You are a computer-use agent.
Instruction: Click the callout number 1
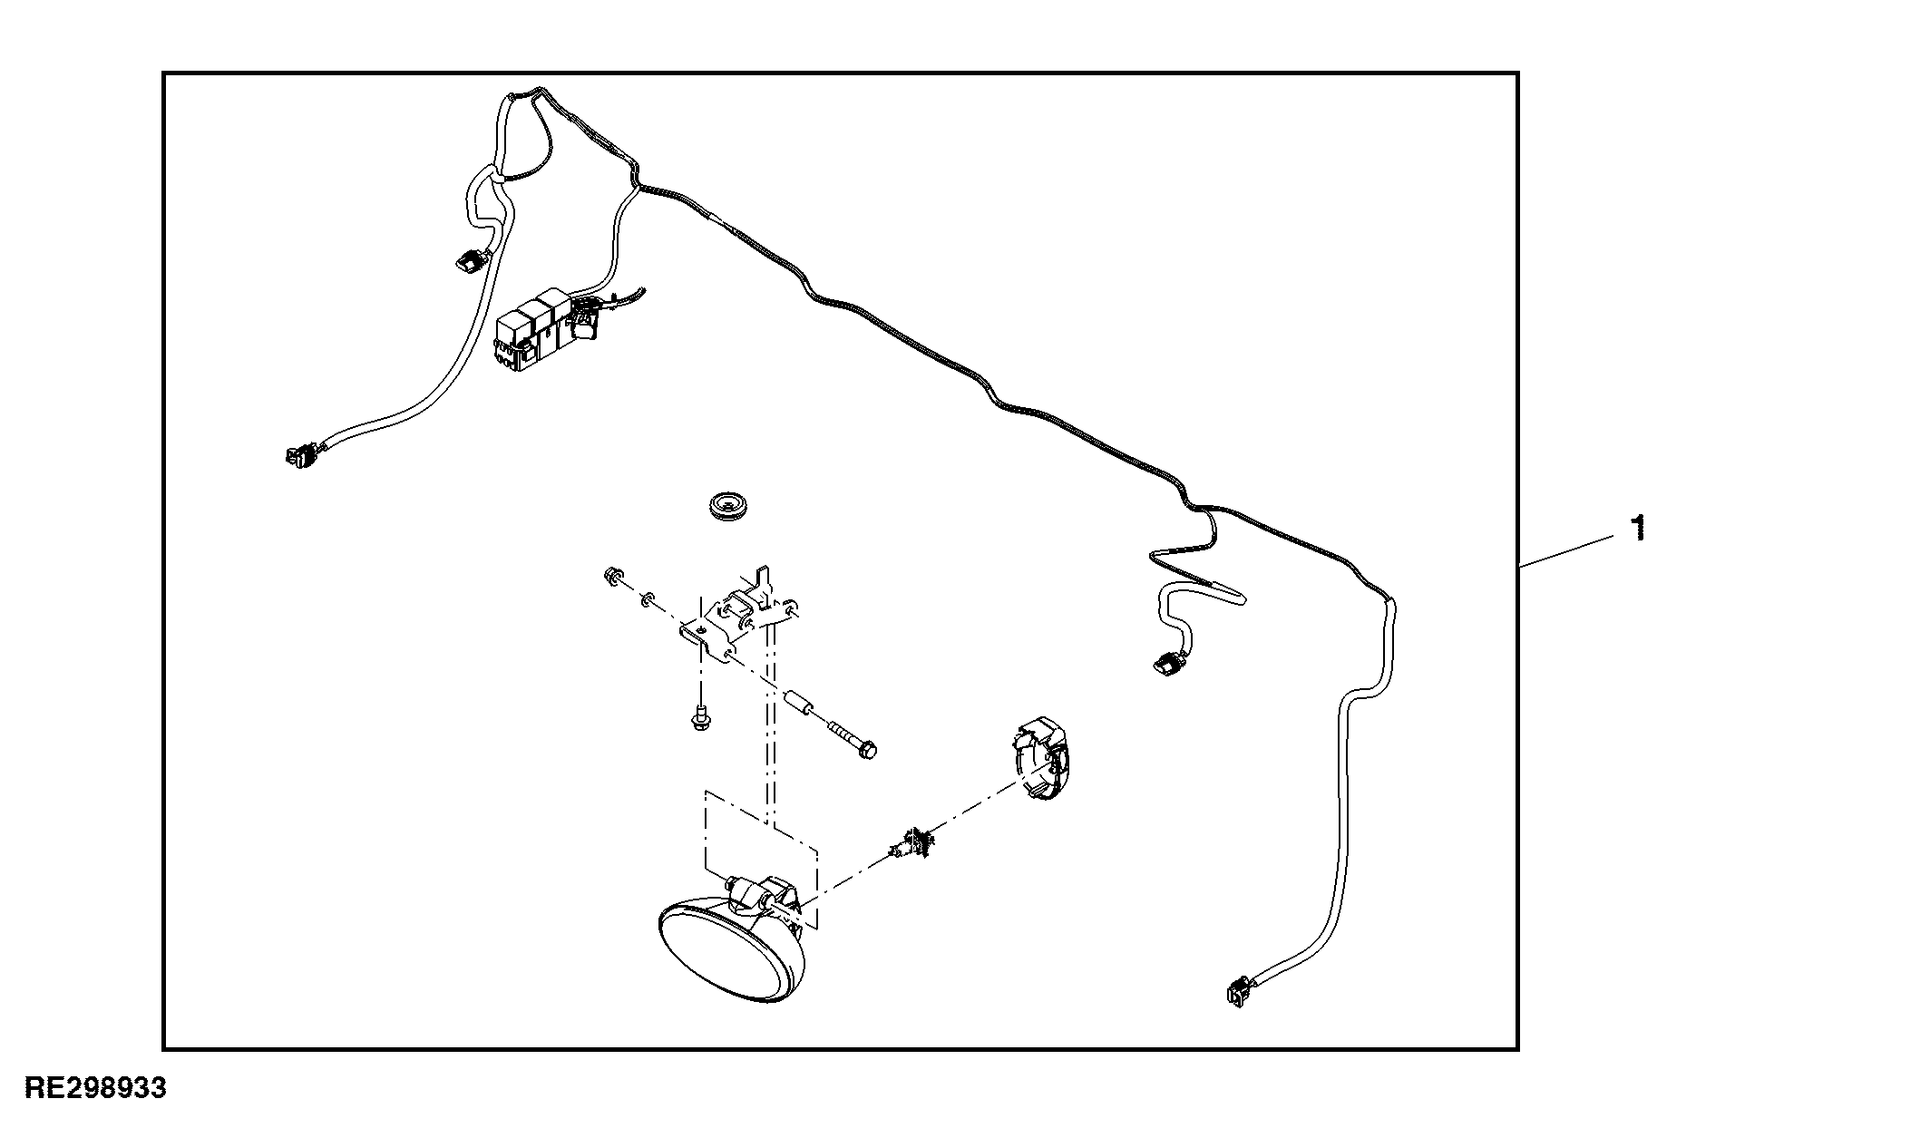1637,529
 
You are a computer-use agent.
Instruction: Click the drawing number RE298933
95,1088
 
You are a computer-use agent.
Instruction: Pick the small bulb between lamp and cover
914,841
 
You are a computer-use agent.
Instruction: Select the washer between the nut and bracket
647,598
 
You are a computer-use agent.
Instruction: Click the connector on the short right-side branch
1165,663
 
